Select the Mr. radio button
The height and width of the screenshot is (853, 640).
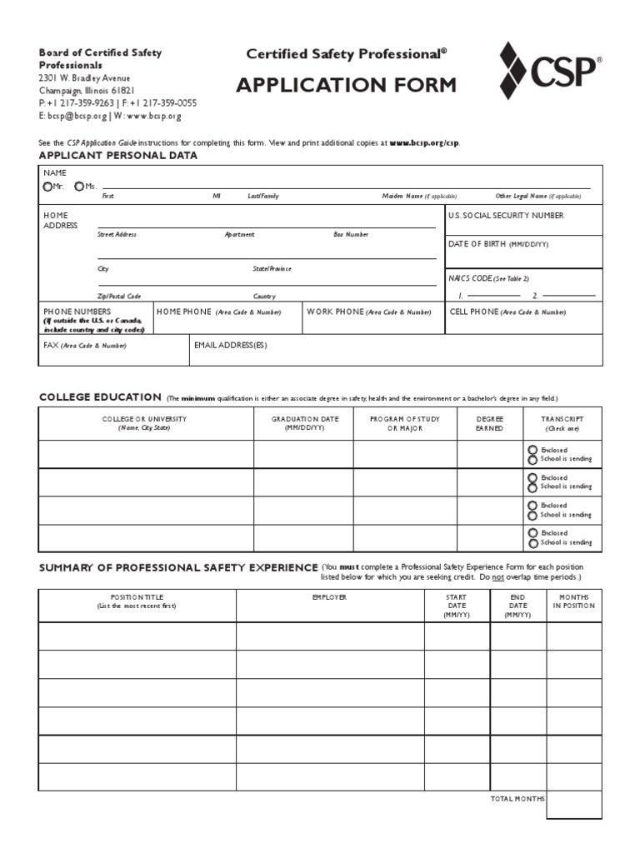click(47, 186)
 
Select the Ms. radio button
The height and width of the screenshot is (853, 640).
click(78, 186)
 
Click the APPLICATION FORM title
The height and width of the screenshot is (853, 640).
click(346, 85)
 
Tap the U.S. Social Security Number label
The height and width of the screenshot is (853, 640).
click(505, 216)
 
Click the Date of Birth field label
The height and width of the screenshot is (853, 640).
click(497, 244)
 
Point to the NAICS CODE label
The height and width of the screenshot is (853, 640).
click(488, 278)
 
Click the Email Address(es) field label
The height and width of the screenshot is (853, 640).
click(230, 344)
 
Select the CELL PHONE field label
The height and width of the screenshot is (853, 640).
click(507, 312)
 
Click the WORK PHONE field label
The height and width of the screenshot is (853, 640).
click(368, 312)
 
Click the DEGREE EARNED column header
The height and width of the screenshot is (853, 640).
click(489, 423)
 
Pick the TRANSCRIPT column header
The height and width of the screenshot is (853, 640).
click(562, 423)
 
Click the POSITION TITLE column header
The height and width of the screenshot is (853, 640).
click(137, 601)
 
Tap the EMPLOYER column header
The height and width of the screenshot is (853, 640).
click(330, 597)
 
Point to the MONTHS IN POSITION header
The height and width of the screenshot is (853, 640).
click(573, 601)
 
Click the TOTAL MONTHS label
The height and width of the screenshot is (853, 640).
click(517, 798)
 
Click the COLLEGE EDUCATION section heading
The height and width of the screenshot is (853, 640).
click(100, 397)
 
